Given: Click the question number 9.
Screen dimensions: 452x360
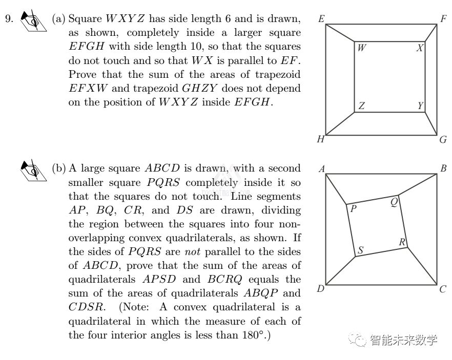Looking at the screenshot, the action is [9, 19].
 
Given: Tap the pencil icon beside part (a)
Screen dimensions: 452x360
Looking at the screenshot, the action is [33, 22].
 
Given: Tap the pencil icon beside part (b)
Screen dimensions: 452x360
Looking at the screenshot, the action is [33, 171].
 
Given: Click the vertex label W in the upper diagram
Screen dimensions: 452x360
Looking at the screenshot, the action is [362, 48].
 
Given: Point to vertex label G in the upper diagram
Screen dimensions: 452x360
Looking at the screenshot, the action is [443, 139].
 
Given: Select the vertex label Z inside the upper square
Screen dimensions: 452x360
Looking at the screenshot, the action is [362, 106].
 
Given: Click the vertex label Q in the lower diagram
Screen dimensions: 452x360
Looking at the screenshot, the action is [394, 202].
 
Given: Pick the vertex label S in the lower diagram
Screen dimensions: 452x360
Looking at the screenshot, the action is [361, 250].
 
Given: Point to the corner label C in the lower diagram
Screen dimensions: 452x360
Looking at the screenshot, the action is [443, 289].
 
